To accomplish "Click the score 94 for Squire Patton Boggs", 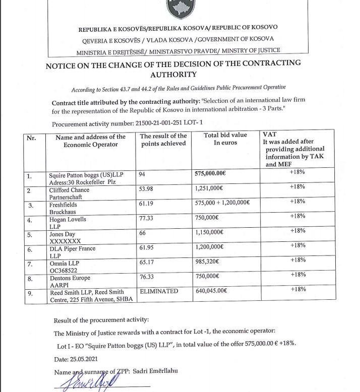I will click(142, 174).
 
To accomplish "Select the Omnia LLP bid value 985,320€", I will click(209, 262).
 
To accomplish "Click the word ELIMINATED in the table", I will click(159, 291).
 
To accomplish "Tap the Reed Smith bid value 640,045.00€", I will click(212, 291).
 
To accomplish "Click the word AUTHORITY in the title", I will click(173, 75).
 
